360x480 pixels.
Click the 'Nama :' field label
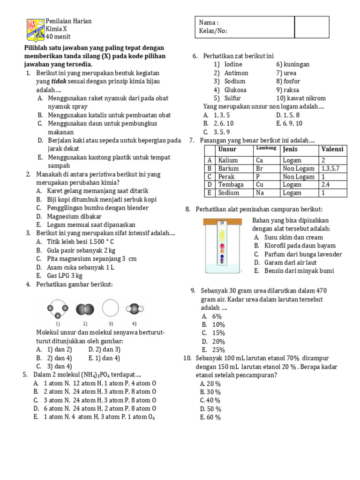tap(209, 22)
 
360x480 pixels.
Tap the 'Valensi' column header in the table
tap(332, 149)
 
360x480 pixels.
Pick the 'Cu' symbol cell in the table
tap(260, 185)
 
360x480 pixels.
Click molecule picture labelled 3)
tap(111, 309)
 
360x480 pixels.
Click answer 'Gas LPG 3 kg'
tap(65, 276)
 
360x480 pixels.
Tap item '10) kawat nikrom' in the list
tap(300, 98)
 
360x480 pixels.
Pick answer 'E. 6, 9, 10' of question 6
tap(289, 123)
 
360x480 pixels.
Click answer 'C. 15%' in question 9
tap(214, 333)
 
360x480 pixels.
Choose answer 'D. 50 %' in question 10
tap(210, 409)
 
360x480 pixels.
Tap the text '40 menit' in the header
tap(58, 37)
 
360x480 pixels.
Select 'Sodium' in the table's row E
tap(228, 193)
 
